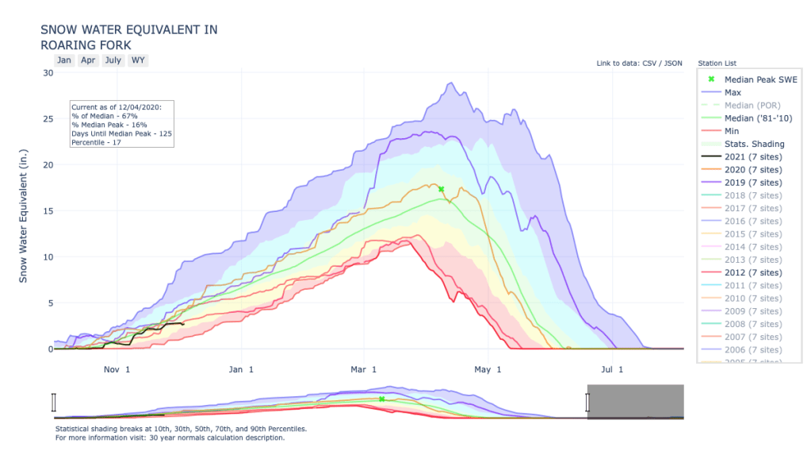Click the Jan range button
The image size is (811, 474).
coord(64,60)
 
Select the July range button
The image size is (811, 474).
coord(113,60)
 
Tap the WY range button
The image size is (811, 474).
coord(138,60)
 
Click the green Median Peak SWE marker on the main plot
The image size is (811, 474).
coord(441,189)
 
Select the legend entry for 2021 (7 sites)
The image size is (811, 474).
coord(752,156)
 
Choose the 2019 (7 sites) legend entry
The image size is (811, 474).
coord(752,183)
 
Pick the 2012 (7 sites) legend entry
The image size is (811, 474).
coord(752,272)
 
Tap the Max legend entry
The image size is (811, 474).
coord(733,92)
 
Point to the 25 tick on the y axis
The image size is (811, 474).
coord(48,119)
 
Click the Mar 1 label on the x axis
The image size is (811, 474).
coord(364,368)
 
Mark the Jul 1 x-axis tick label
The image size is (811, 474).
coord(612,368)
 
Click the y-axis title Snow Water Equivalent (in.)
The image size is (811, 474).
coord(23,215)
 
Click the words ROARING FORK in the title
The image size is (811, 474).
coord(86,45)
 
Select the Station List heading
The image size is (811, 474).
coord(718,63)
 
